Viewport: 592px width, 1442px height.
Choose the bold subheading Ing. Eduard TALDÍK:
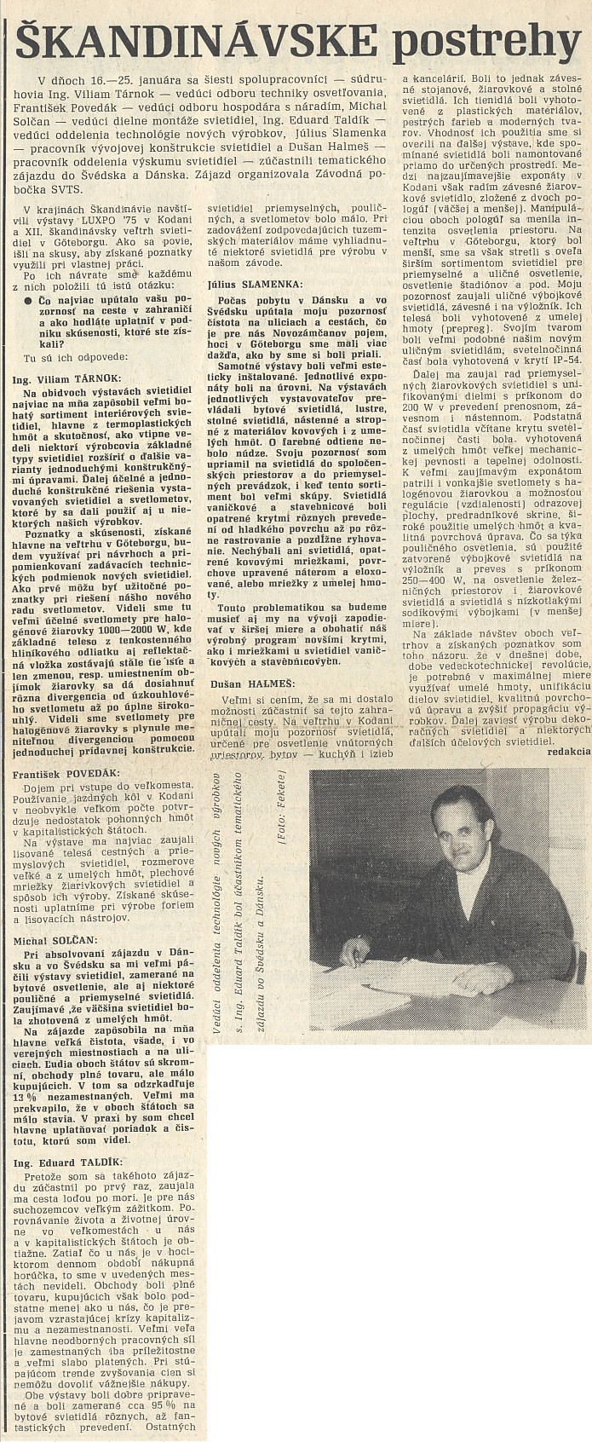pos(66,1162)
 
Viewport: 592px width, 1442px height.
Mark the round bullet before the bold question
pos(28,301)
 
